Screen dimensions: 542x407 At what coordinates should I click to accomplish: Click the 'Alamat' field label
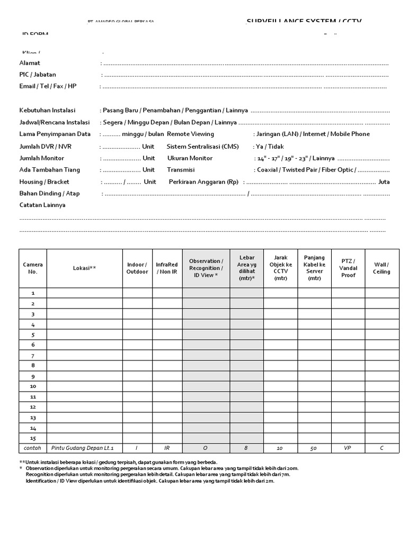30,63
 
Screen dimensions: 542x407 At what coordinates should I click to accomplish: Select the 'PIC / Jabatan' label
38,75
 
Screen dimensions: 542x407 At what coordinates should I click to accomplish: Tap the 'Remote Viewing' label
190,134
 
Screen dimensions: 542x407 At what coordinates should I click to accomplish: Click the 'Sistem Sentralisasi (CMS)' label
202,146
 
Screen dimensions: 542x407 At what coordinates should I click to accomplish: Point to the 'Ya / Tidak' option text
270,146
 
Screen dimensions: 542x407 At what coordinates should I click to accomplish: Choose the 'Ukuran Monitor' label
190,158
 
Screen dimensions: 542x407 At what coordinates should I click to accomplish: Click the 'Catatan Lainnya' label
42,205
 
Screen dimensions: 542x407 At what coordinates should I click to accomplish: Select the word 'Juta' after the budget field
384,182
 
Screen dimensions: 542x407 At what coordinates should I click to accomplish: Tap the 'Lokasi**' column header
84,268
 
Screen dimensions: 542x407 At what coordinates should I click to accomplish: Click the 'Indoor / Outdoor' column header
137,268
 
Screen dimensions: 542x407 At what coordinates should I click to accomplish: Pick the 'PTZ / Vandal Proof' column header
348,268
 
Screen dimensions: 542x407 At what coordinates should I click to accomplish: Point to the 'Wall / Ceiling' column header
382,268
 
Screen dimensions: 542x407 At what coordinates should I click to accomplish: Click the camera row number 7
33,356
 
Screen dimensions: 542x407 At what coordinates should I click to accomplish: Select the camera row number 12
33,407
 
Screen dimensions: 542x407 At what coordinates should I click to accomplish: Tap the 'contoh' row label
33,448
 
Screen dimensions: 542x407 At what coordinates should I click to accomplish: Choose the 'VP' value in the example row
348,448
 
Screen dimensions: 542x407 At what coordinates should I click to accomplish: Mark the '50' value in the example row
314,448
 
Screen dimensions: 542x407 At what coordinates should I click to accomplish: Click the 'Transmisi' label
181,170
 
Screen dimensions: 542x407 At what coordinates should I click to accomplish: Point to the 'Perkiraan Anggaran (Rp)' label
203,182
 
